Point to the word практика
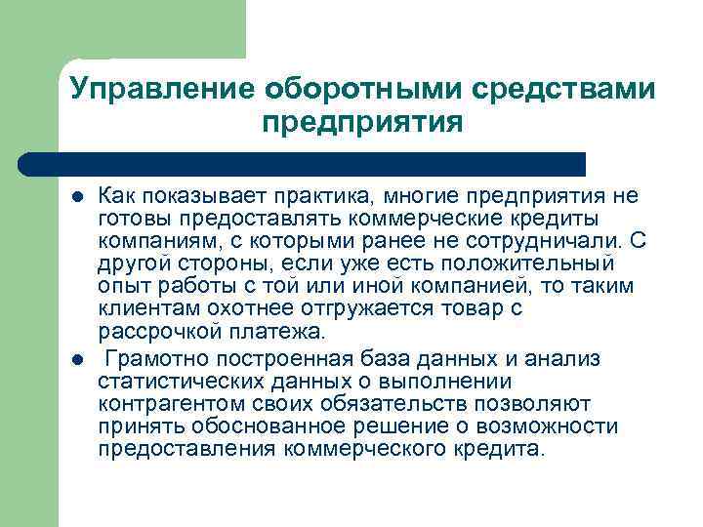click(x=332, y=196)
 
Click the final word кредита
click(x=507, y=449)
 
